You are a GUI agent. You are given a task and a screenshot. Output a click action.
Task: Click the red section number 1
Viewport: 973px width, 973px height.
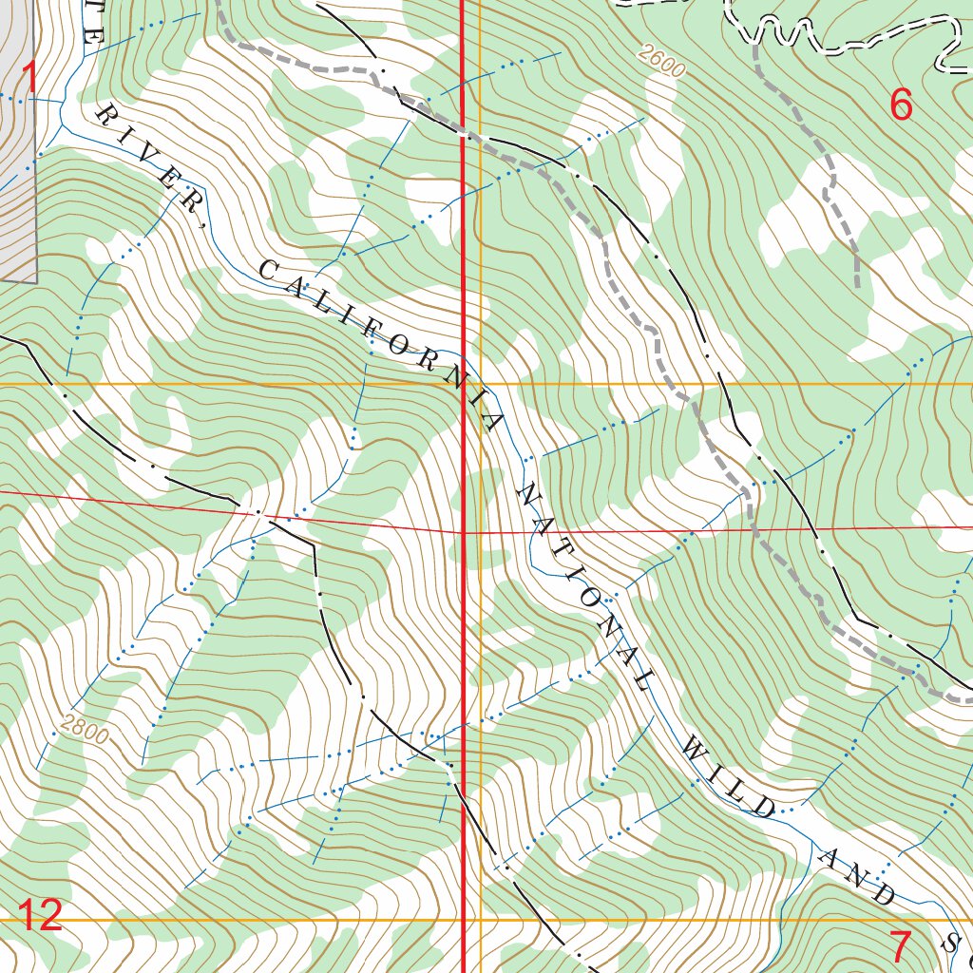tap(29, 77)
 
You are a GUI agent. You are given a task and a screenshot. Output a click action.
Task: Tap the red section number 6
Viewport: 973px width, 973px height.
tap(900, 105)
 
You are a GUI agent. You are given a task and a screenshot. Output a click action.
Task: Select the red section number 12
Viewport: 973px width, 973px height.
tap(40, 916)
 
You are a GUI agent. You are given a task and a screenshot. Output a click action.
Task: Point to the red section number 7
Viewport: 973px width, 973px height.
tap(900, 946)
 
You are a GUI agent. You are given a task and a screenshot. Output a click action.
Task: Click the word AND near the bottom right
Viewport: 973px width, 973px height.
tap(857, 872)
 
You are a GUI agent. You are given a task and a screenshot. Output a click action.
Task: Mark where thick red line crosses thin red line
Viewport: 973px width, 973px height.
tap(463, 533)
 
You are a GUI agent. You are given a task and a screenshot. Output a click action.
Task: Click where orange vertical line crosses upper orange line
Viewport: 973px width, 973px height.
tap(481, 384)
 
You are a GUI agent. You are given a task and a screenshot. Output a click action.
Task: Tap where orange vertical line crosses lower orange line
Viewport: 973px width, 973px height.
tap(481, 920)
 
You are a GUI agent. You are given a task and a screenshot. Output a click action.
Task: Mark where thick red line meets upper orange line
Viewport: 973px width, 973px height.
tap(463, 384)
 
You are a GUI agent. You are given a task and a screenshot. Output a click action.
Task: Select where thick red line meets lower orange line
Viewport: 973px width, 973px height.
tap(463, 920)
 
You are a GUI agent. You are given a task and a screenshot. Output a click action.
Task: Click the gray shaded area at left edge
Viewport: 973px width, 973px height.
tap(17, 190)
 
